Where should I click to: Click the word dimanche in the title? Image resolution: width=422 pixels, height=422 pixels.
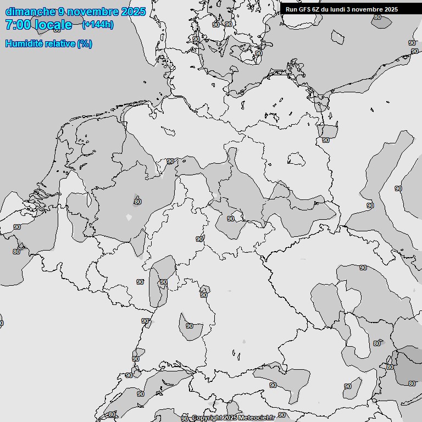click(x=30, y=12)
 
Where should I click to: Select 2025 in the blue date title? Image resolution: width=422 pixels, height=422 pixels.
click(x=133, y=12)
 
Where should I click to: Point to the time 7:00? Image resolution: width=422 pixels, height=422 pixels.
click(x=16, y=25)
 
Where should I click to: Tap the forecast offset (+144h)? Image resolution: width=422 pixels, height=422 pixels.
click(x=97, y=25)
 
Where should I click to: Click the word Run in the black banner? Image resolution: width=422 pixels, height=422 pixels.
click(x=291, y=9)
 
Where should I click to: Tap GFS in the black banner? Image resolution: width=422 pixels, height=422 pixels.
click(x=306, y=9)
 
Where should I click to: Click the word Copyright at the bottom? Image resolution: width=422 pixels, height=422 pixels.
click(x=207, y=418)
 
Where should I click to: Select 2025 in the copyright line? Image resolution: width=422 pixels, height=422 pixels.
click(x=230, y=418)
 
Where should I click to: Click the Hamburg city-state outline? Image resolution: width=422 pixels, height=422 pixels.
click(x=168, y=131)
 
